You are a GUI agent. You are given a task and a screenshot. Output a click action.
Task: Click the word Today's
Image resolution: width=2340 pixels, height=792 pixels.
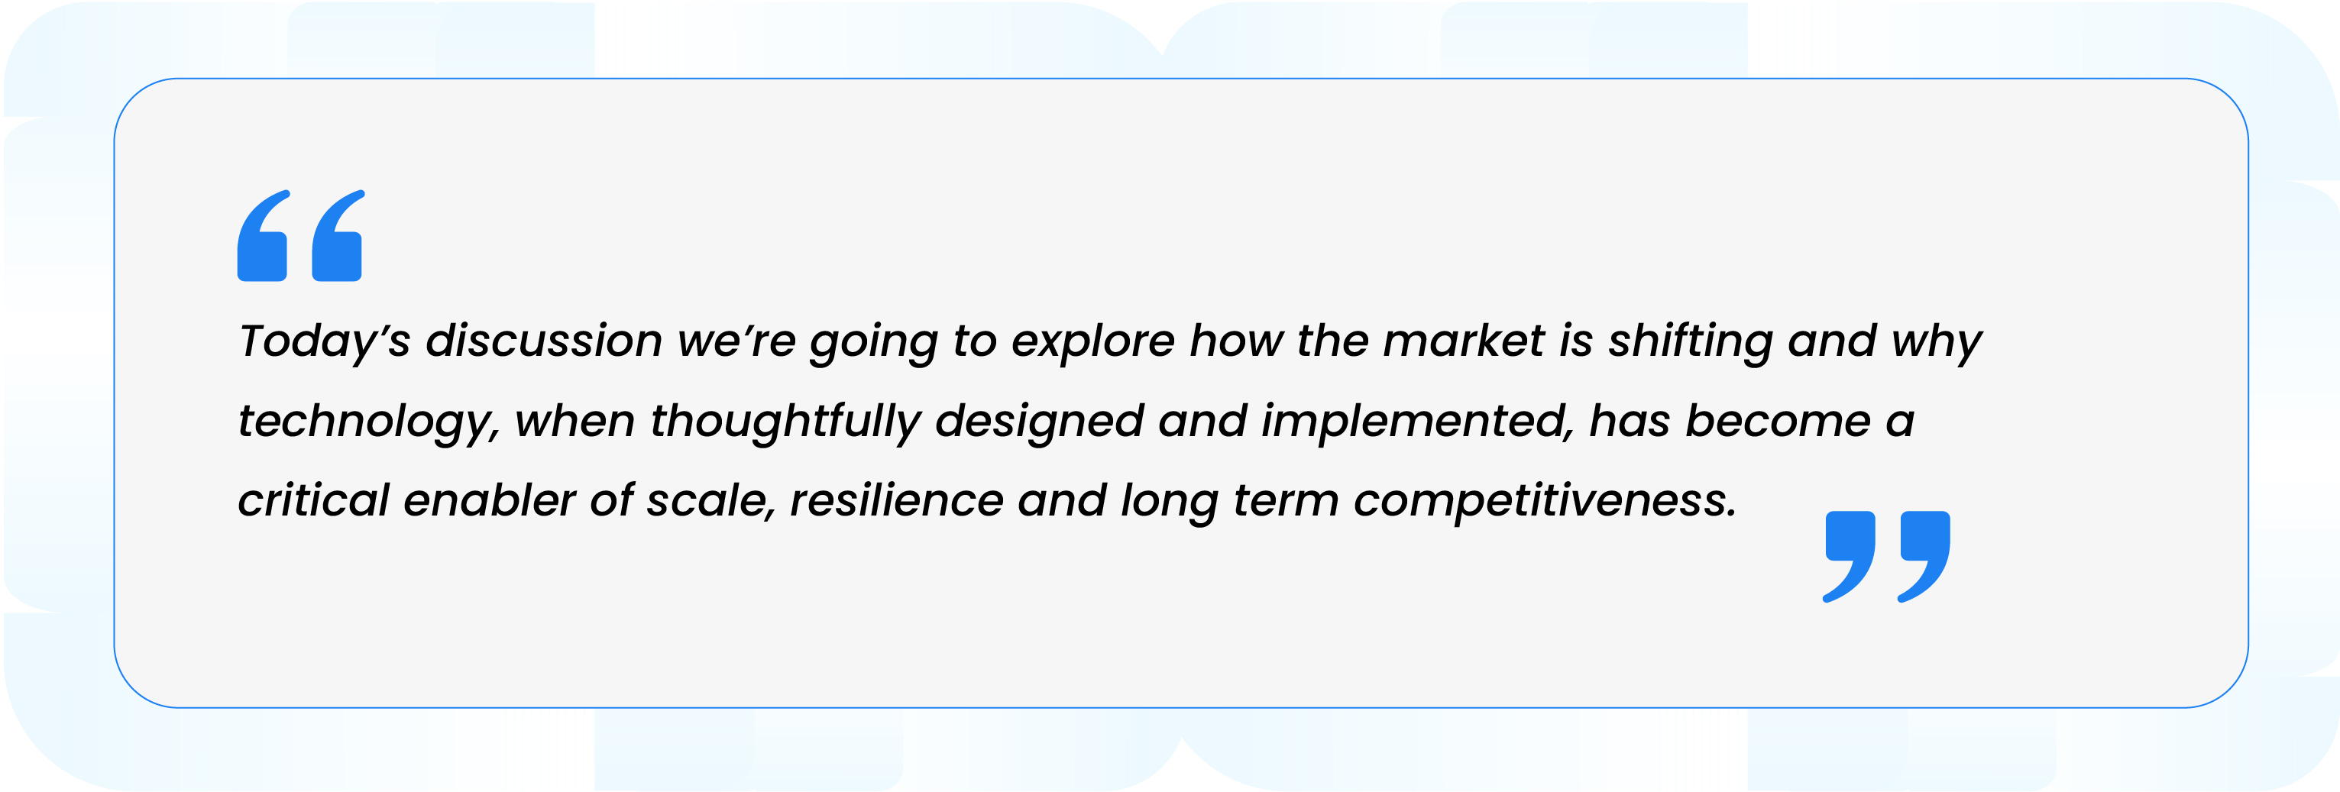(x=324, y=342)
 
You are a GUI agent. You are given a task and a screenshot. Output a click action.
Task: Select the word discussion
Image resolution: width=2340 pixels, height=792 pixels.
(x=544, y=341)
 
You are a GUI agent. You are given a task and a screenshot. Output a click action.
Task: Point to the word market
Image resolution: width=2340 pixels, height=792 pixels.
(x=1465, y=341)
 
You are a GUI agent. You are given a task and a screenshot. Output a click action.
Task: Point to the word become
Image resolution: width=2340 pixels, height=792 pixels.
(x=1778, y=421)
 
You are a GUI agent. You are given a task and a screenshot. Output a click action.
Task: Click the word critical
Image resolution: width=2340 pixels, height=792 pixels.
(x=313, y=500)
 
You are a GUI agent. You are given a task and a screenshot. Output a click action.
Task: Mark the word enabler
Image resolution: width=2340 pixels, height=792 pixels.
(x=490, y=500)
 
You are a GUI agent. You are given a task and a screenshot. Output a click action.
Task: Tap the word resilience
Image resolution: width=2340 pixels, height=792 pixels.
(x=897, y=500)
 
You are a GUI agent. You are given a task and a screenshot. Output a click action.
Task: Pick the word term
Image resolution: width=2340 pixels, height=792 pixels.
(x=1286, y=501)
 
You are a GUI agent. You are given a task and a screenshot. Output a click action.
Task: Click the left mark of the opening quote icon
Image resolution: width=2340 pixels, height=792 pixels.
(x=264, y=235)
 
